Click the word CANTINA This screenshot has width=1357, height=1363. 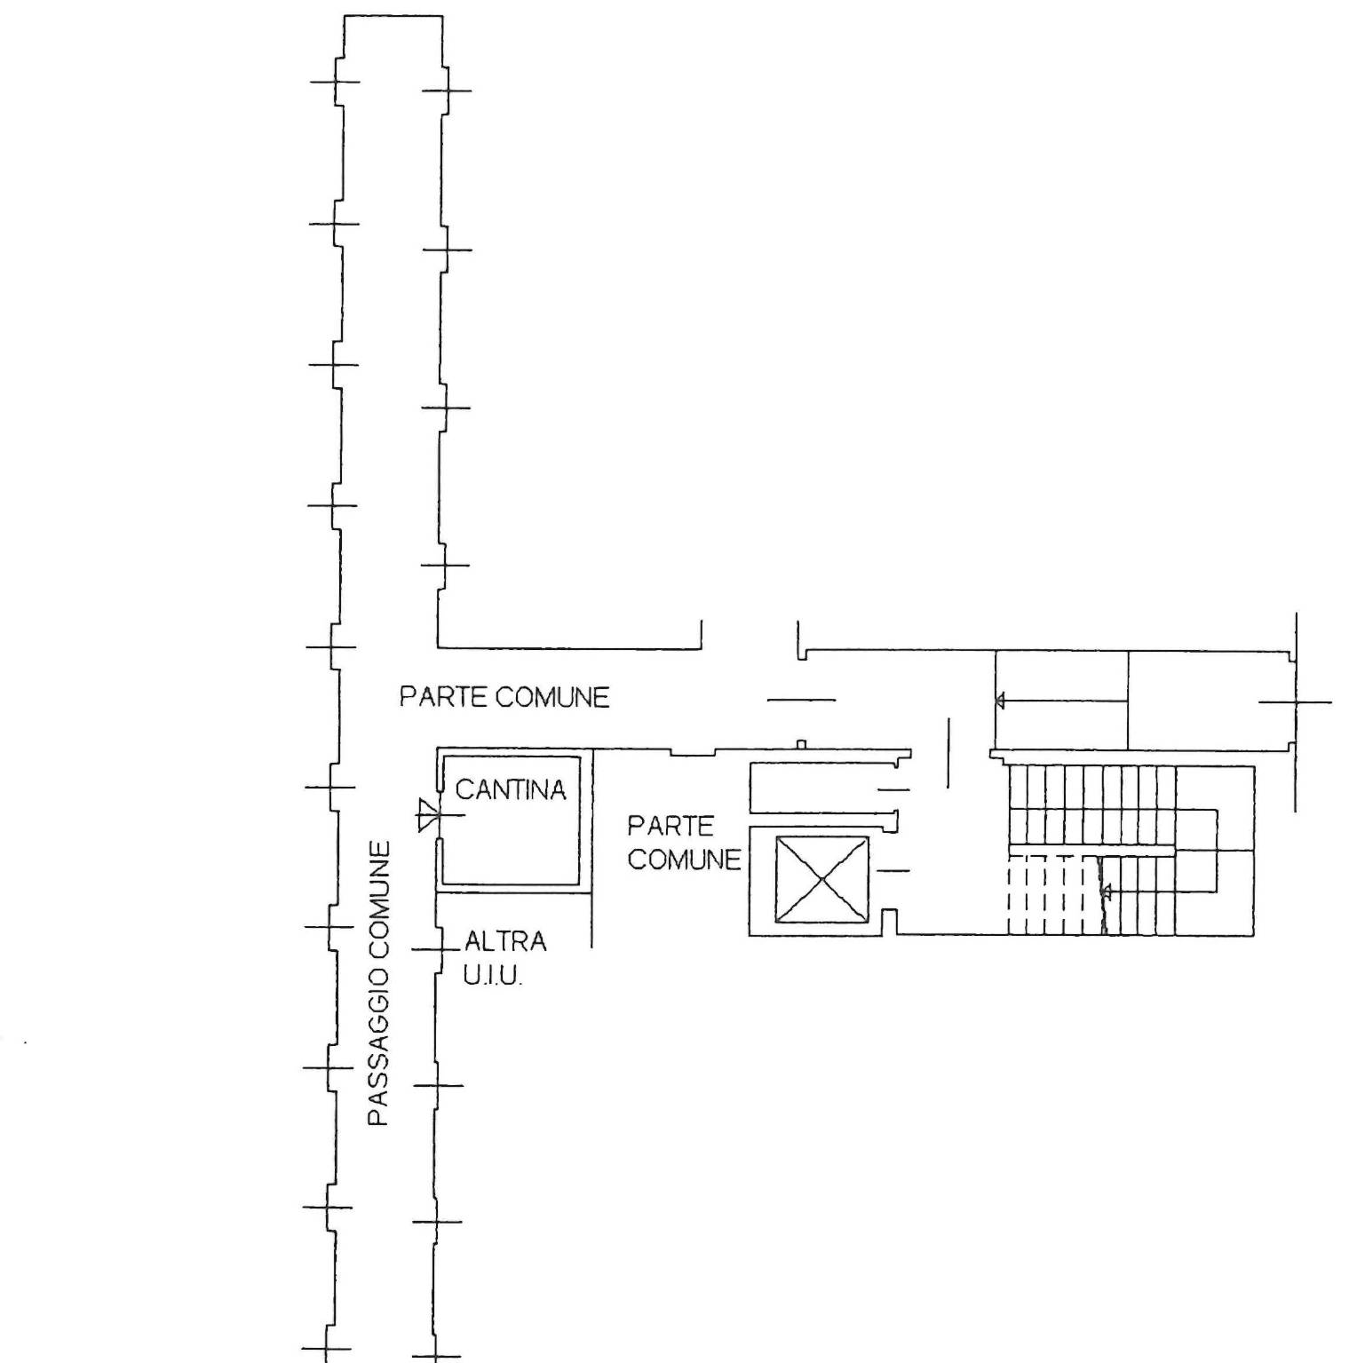pyautogui.click(x=511, y=789)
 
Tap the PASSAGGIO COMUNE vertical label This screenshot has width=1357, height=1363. pyautogui.click(x=380, y=984)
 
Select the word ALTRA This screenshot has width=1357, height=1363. pyautogui.click(x=505, y=940)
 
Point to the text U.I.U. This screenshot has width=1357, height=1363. pyautogui.click(x=493, y=976)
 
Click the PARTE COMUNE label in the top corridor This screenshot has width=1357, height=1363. pyautogui.click(x=504, y=697)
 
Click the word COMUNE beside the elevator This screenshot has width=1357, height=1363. pyautogui.click(x=684, y=860)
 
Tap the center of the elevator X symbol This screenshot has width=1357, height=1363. pyautogui.click(x=822, y=879)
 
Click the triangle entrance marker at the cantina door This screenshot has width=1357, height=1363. pyautogui.click(x=428, y=814)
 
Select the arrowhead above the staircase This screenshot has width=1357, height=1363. pyautogui.click(x=1000, y=701)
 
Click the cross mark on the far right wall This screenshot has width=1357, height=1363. pyautogui.click(x=1296, y=701)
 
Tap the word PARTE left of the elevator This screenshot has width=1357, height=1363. pyautogui.click(x=671, y=827)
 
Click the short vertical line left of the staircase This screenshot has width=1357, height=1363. pyautogui.click(x=948, y=753)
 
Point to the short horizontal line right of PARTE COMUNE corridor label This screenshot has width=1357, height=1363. pyautogui.click(x=801, y=700)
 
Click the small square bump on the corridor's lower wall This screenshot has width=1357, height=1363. pyautogui.click(x=801, y=744)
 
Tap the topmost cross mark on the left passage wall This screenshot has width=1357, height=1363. pyautogui.click(x=336, y=82)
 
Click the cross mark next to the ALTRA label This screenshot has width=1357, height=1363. pyautogui.click(x=437, y=950)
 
